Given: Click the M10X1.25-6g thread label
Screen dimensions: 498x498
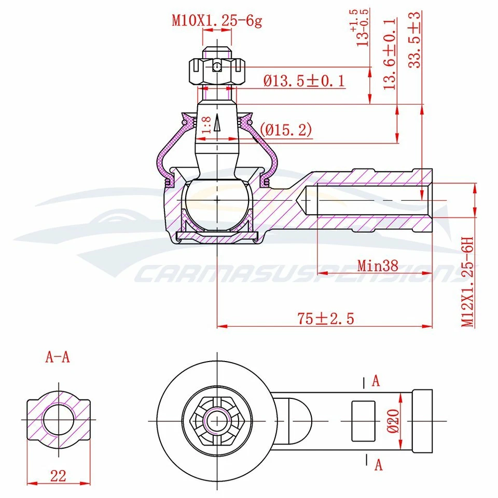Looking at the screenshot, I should click(x=217, y=21).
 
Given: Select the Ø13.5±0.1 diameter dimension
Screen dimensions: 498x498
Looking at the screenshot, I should click(x=303, y=81).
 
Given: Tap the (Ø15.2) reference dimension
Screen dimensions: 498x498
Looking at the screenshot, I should click(x=286, y=130).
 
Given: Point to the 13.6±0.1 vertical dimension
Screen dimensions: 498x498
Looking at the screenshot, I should click(x=391, y=53).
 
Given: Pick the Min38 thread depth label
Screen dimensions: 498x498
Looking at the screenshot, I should click(x=378, y=266).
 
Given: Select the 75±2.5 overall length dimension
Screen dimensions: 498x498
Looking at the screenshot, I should click(x=326, y=318).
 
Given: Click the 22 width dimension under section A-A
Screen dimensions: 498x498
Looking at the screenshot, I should click(x=59, y=476).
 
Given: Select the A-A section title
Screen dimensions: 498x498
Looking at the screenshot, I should click(x=58, y=357).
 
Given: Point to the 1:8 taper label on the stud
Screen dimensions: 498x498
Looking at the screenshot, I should click(x=206, y=126).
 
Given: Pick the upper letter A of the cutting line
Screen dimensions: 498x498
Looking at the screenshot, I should click(x=376, y=381).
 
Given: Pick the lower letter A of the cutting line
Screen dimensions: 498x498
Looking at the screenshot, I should click(x=378, y=465).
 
